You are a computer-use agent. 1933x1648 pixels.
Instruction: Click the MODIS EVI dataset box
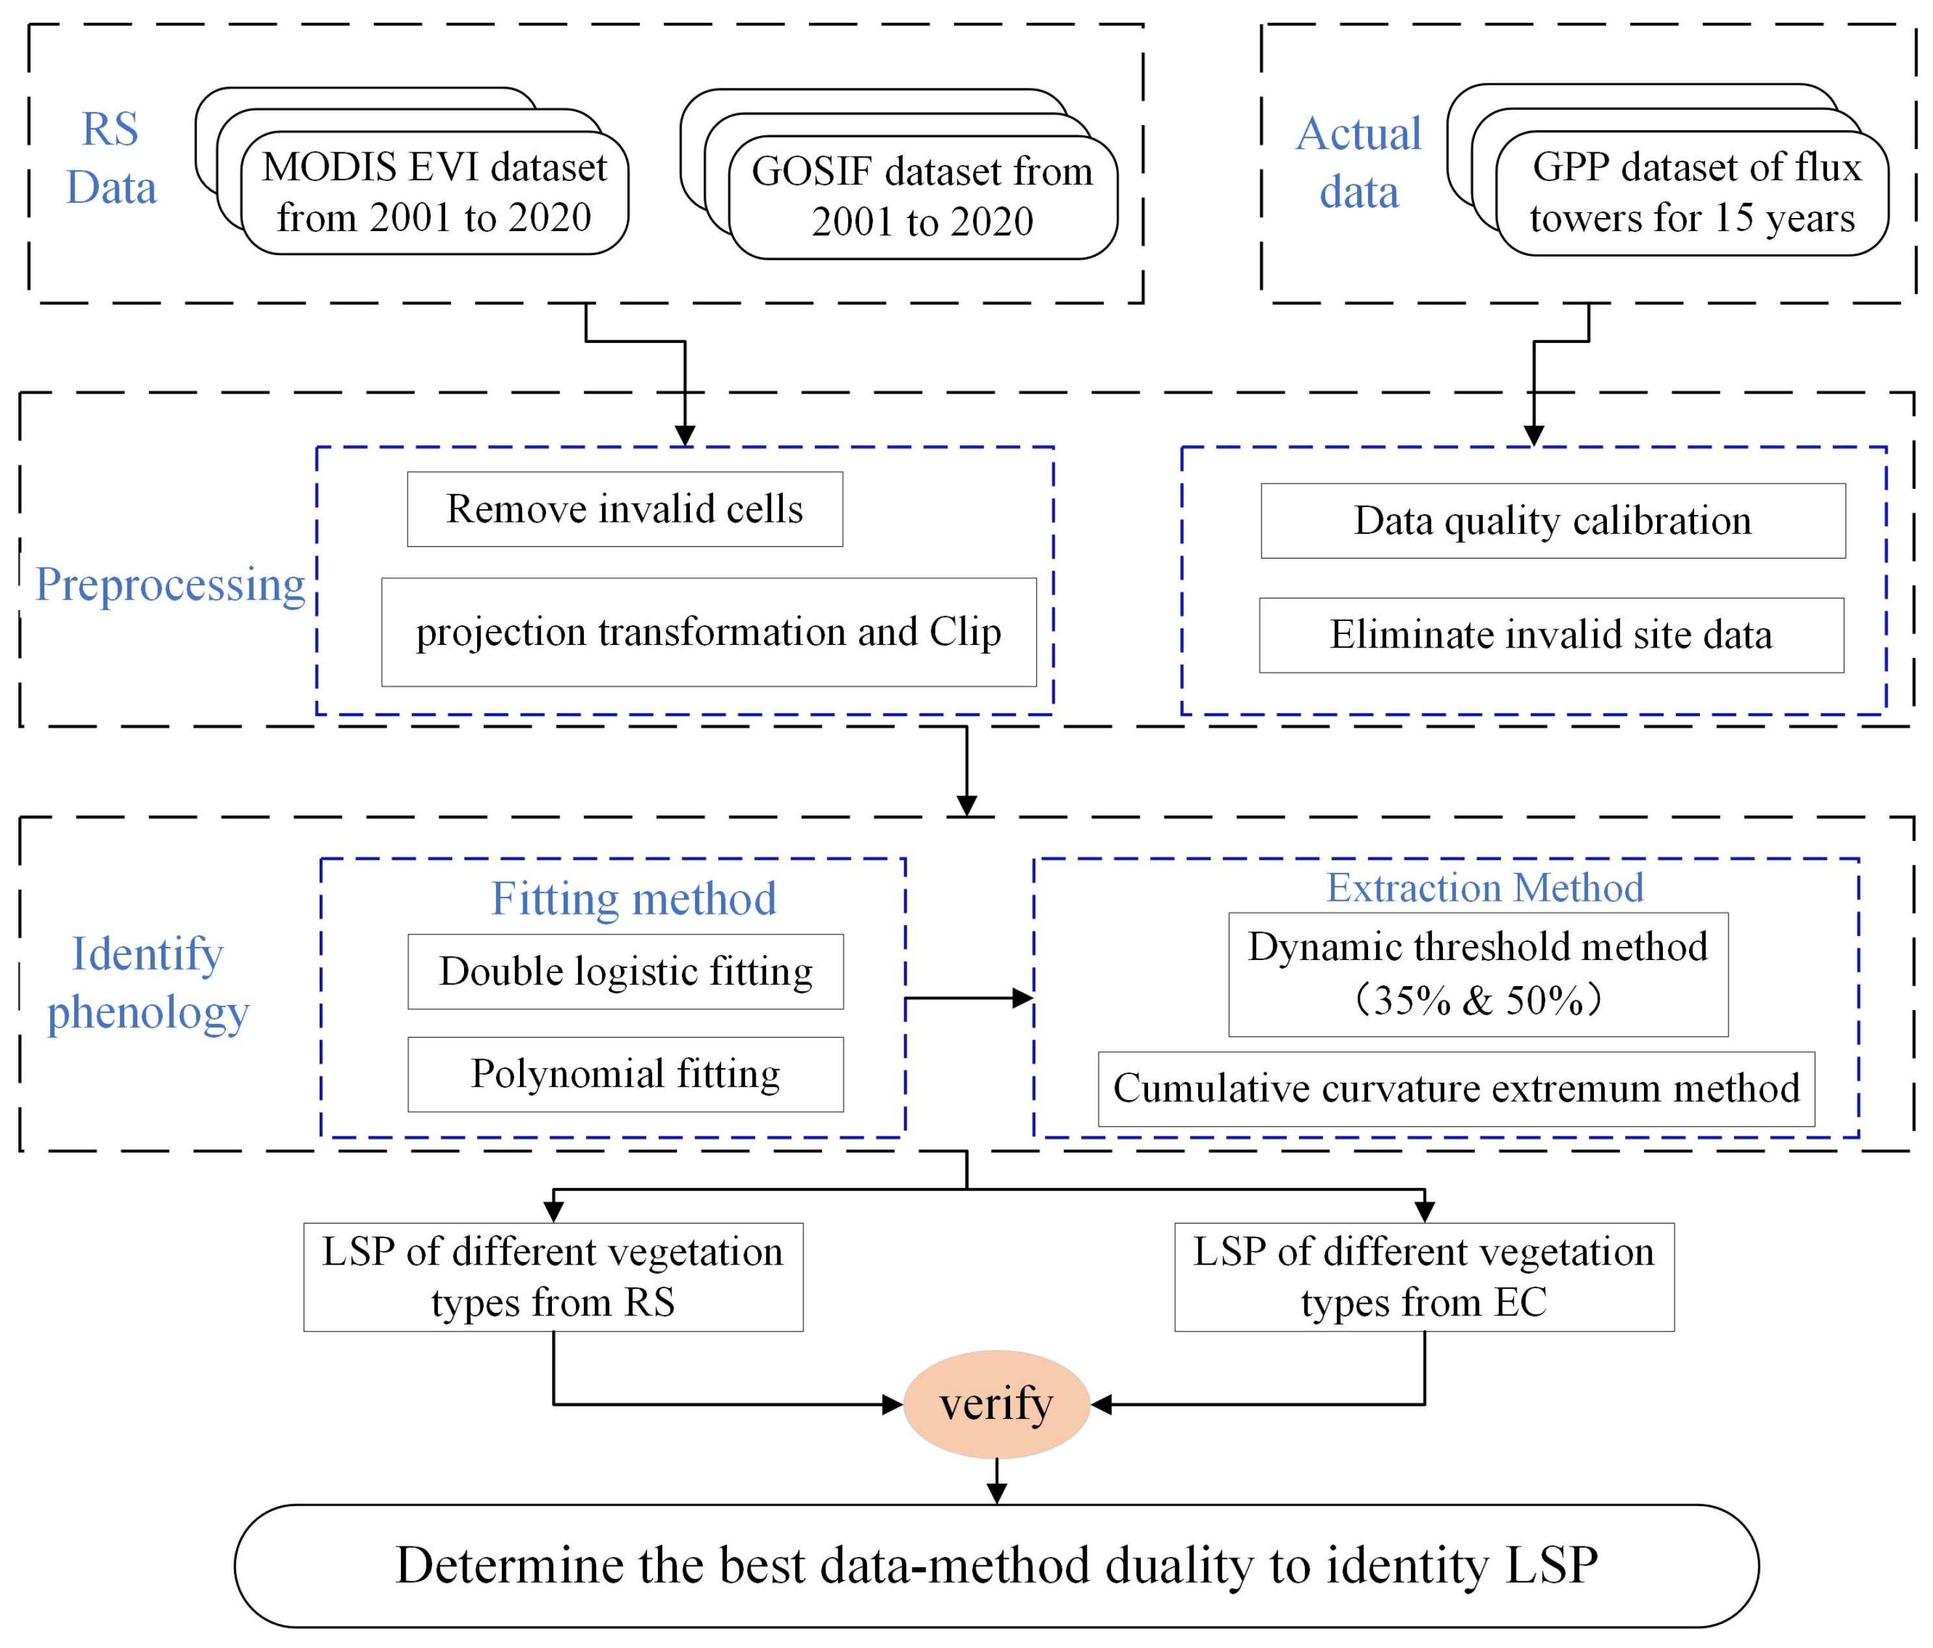coord(434,192)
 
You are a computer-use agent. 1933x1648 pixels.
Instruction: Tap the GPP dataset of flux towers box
coord(1692,192)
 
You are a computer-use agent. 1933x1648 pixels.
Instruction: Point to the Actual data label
coord(1358,162)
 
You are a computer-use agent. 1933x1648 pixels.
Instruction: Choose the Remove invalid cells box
coord(624,510)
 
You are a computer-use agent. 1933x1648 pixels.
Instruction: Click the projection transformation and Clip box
coord(708,632)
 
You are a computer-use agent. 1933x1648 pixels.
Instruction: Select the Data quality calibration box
coord(1552,521)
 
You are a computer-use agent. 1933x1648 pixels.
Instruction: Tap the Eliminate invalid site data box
coord(1550,635)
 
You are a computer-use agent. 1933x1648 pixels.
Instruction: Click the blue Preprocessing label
coord(170,585)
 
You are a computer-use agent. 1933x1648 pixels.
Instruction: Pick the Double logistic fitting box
coord(625,972)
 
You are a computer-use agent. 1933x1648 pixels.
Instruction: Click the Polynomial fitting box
coord(625,1074)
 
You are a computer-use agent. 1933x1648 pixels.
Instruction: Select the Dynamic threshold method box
coord(1478,973)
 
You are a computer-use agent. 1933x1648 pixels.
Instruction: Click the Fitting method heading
coord(633,899)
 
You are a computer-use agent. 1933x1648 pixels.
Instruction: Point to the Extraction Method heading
coord(1485,886)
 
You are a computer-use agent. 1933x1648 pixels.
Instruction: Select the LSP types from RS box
coord(553,1276)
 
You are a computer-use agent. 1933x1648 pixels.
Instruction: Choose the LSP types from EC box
coord(1423,1276)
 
